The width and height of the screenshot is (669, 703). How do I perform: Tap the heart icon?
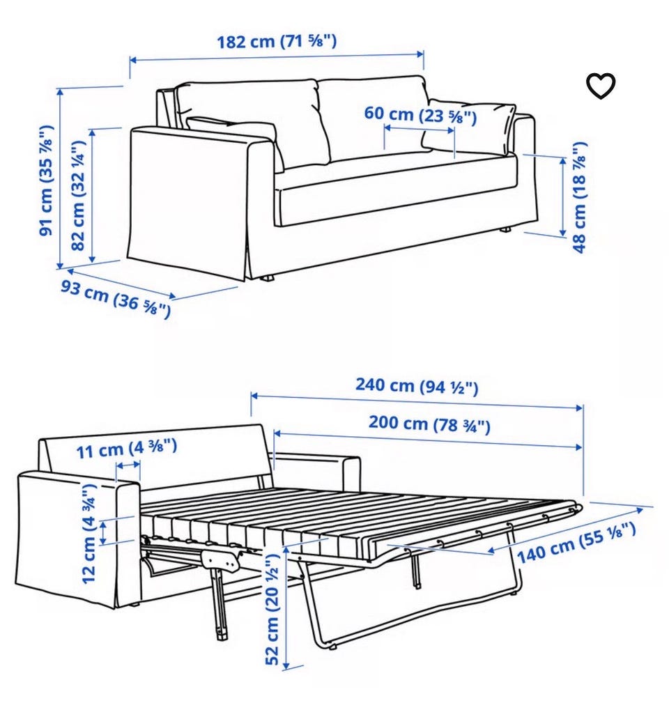(601, 85)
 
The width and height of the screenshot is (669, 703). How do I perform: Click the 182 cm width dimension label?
(277, 41)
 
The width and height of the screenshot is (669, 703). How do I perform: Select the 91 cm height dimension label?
(46, 180)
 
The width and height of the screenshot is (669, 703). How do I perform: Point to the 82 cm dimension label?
(78, 196)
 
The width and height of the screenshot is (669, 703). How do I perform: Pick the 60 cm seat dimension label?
(420, 114)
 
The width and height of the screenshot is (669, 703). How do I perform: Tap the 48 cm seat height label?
(579, 197)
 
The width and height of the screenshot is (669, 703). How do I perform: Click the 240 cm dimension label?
(417, 386)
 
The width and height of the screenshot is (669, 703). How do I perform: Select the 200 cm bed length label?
(429, 424)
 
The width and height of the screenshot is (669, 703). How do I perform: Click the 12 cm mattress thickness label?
(90, 533)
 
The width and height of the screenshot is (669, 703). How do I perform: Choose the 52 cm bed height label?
(272, 610)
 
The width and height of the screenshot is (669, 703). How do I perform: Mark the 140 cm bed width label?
(576, 543)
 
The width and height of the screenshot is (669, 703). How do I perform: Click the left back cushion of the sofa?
(254, 120)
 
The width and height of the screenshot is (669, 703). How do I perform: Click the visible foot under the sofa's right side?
(506, 229)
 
